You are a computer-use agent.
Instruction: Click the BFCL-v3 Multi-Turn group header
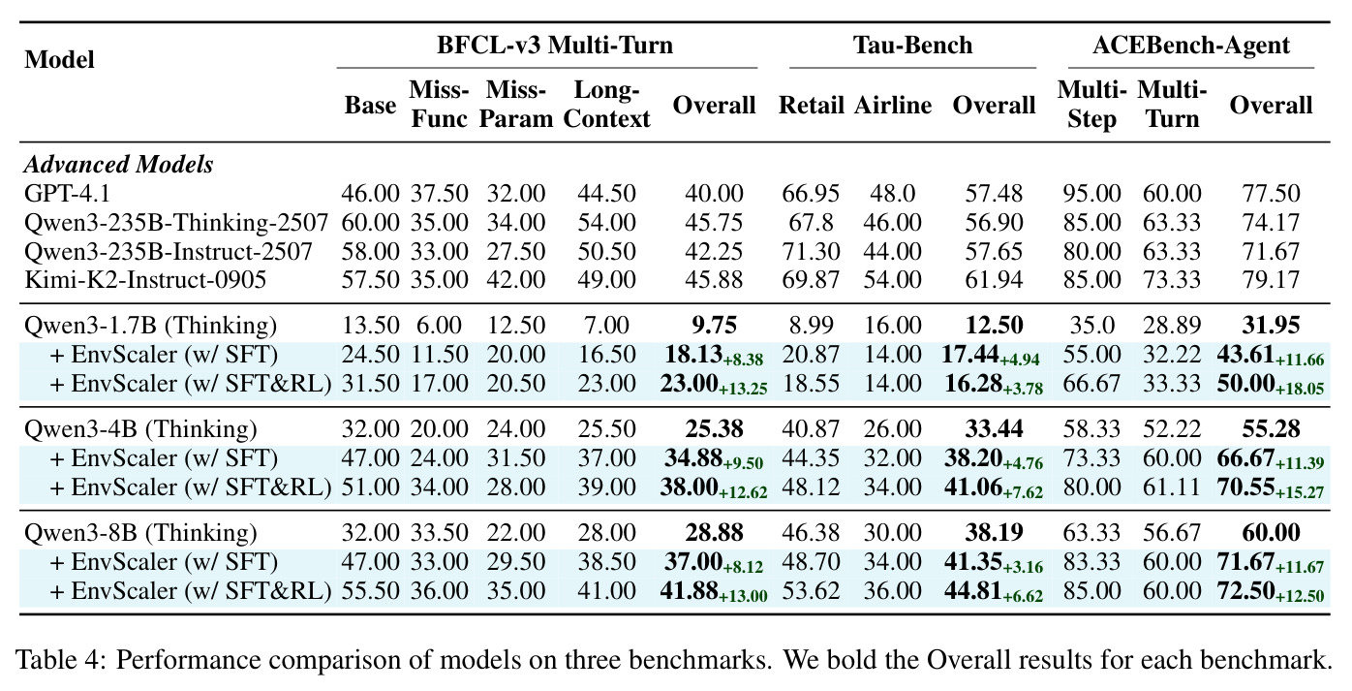[x=555, y=46]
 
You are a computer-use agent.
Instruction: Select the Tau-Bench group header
[x=912, y=46]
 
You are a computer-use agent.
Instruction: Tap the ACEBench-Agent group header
[x=1191, y=46]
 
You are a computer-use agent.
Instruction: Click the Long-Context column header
[x=606, y=105]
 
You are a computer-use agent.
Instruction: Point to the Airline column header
[x=893, y=105]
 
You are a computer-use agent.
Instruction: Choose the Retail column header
[x=812, y=105]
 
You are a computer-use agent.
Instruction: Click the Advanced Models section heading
[x=119, y=165]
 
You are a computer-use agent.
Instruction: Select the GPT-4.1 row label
[x=67, y=193]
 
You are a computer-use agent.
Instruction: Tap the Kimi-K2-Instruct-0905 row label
[x=145, y=280]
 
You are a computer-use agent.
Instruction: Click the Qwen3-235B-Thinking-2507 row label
[x=176, y=222]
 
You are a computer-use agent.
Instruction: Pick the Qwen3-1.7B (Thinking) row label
[x=151, y=326]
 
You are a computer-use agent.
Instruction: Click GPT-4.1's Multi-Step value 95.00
[x=1091, y=193]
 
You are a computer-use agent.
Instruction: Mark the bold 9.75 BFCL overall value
[x=714, y=326]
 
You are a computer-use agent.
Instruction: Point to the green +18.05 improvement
[x=1300, y=389]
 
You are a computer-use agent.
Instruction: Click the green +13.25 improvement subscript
[x=743, y=389]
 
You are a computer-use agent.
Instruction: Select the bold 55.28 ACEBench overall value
[x=1271, y=429]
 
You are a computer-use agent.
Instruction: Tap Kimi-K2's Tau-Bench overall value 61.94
[x=994, y=280]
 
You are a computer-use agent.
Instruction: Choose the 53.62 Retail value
[x=812, y=591]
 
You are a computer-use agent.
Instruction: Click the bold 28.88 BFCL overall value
[x=714, y=533]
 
